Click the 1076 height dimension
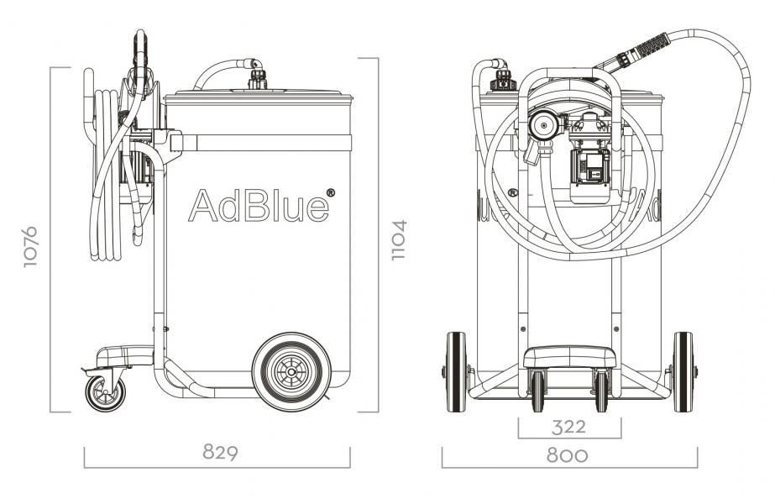point(32,244)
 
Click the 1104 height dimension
point(400,239)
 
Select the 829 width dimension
point(220,452)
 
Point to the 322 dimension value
point(568,427)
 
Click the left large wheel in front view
point(456,372)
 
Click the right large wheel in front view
point(683,372)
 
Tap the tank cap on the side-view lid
point(257,82)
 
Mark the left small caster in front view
point(538,391)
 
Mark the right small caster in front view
point(601,391)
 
